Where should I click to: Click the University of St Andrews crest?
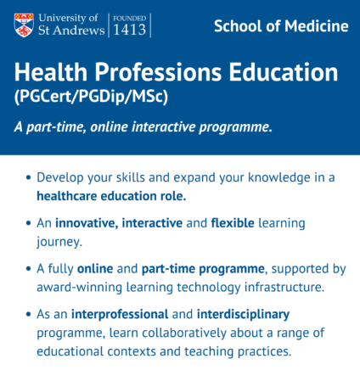pos(24,25)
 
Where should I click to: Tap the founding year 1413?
pos(129,30)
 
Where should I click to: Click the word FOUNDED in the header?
pos(129,19)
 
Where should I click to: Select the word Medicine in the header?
pos(317,26)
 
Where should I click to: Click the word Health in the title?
pos(51,72)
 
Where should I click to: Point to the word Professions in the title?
pos(158,72)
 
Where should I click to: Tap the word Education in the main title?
pos(284,72)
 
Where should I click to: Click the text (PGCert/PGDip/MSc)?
pos(91,97)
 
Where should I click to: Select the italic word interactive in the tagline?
pos(164,126)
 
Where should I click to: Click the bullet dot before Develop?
pos(28,177)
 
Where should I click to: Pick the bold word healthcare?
pos(67,196)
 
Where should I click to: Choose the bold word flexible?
pos(233,223)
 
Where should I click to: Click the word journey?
pos(59,242)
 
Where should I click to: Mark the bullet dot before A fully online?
pos(28,269)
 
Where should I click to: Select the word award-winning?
pos(79,287)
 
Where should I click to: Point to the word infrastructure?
pos(284,287)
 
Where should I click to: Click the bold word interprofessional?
pos(120,314)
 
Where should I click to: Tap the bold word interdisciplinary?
pos(243,314)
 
